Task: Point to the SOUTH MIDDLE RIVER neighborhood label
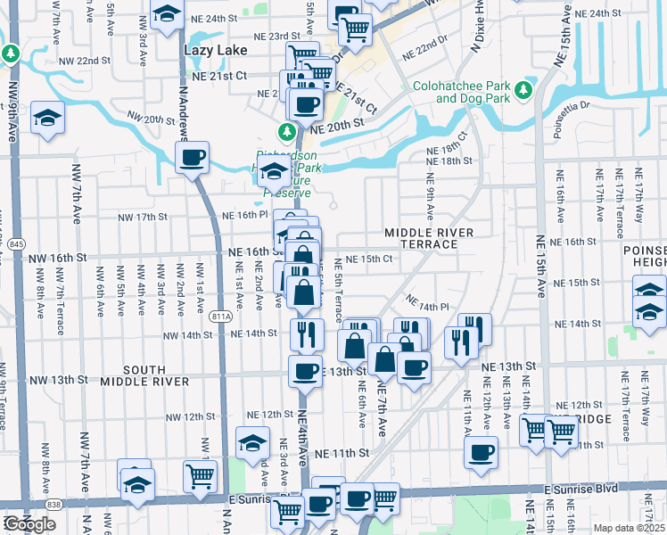[x=144, y=375]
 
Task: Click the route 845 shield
[x=17, y=243]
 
